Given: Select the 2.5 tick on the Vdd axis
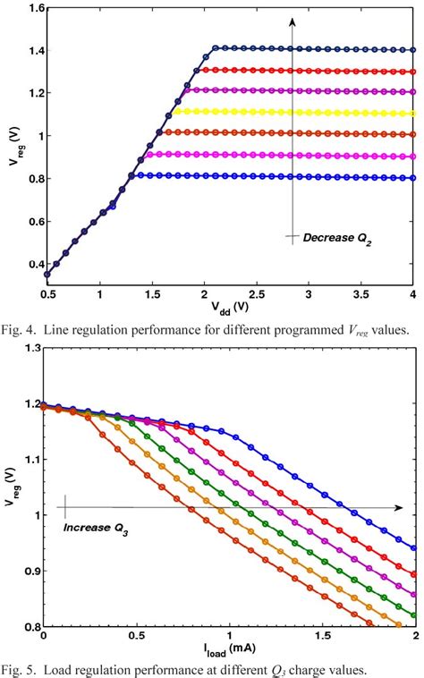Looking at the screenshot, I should point(256,292).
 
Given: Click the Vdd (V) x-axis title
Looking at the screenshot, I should point(230,306).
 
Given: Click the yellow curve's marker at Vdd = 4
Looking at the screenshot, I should point(412,114).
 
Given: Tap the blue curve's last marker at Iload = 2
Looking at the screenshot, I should point(412,548).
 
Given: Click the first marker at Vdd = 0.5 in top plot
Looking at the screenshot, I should point(47,275).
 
